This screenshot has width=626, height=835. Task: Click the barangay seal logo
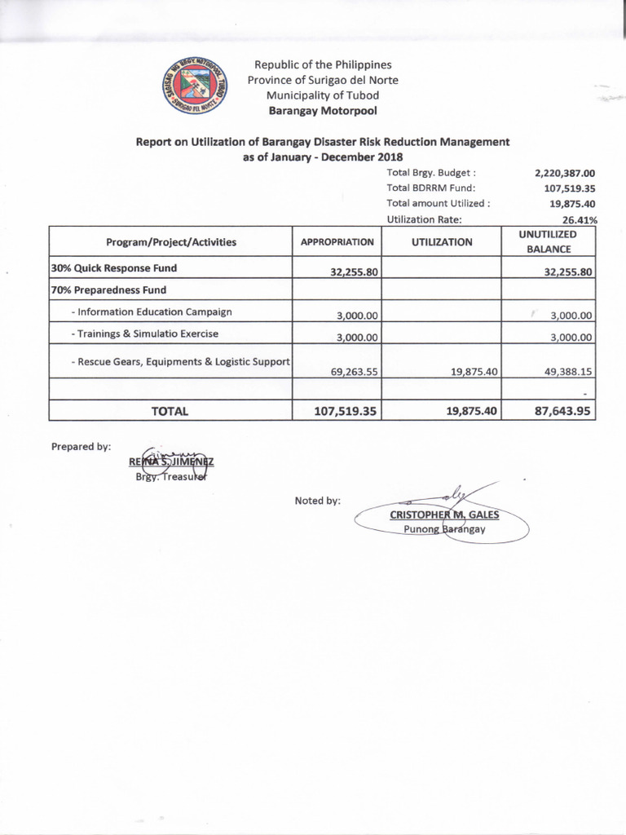pos(195,85)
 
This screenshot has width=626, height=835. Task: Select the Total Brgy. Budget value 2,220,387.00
pos(565,173)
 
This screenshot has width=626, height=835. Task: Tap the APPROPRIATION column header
pos(337,242)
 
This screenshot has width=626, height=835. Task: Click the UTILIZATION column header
pos(442,242)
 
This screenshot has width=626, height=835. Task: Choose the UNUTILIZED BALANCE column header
pos(548,241)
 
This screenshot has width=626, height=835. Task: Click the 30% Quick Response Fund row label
pos(114,267)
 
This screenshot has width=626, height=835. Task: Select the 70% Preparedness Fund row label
pos(108,289)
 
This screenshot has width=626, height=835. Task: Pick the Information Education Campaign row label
pos(152,311)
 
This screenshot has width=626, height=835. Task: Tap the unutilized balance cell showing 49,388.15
pos(563,371)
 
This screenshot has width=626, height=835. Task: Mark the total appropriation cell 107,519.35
pos(346,412)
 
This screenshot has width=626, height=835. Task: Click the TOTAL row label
pos(170,412)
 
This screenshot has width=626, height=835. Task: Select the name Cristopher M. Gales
pos(444,515)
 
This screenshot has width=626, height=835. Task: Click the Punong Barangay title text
pos(444,529)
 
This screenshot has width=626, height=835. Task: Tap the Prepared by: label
pos(81,446)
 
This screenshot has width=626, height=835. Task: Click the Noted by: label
pos(318,501)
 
